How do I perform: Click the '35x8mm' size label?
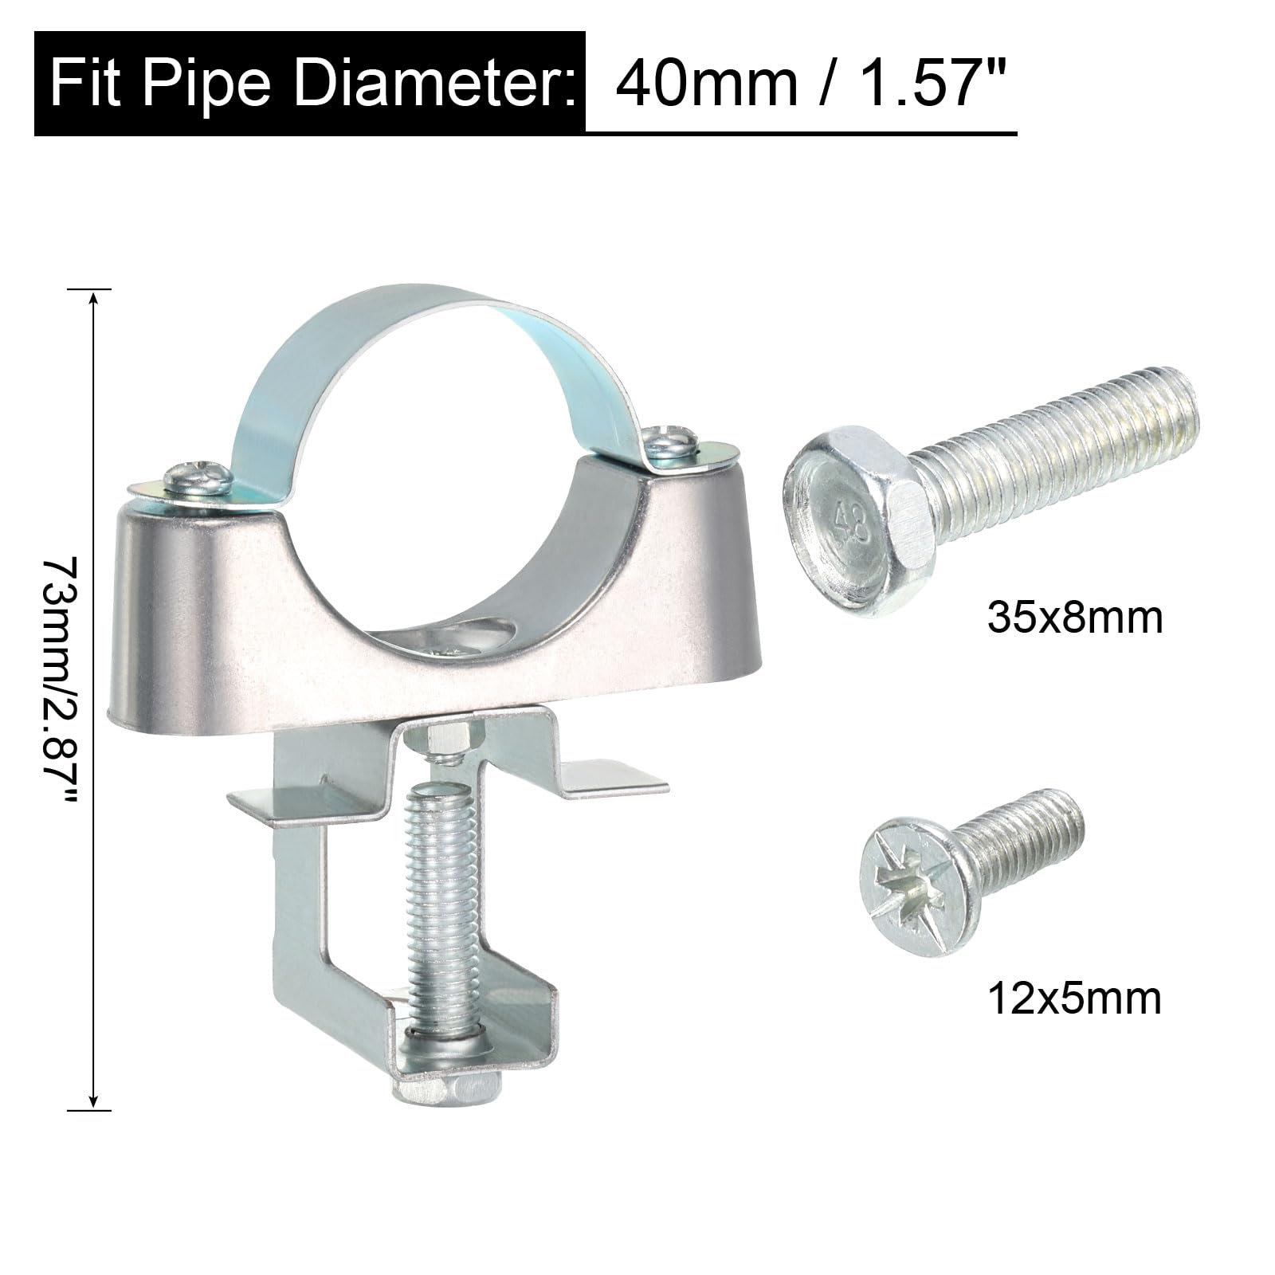click(1075, 618)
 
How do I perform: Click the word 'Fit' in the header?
click(84, 81)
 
